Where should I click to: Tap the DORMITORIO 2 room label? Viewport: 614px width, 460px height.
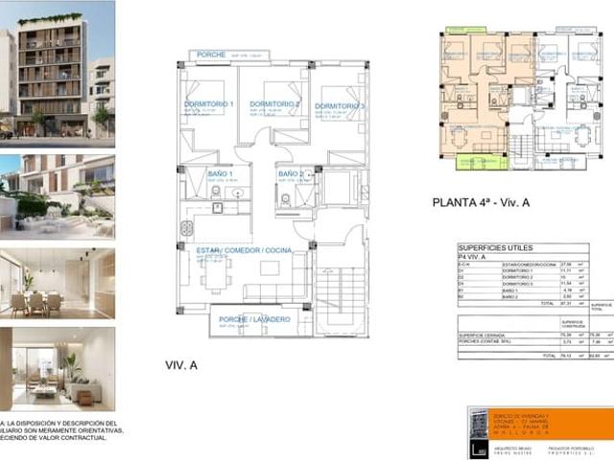pyautogui.click(x=275, y=103)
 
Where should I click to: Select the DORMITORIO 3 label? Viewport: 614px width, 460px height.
pyautogui.click(x=342, y=104)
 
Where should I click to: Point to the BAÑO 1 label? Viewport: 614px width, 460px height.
pyautogui.click(x=215, y=173)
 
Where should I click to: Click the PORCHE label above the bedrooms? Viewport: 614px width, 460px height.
pyautogui.click(x=212, y=55)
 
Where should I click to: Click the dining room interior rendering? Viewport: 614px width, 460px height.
pyautogui.click(x=57, y=283)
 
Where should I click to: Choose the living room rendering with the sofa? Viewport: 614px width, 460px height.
pyautogui.click(x=57, y=369)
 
